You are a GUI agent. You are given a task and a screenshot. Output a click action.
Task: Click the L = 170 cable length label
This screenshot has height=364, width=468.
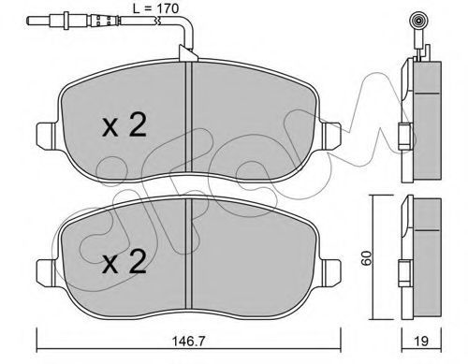[155, 8]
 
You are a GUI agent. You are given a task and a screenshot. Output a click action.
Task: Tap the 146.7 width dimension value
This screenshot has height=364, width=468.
[189, 342]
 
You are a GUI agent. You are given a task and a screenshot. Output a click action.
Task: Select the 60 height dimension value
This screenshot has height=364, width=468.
[367, 257]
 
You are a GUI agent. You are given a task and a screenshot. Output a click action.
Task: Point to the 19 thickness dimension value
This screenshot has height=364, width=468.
[421, 342]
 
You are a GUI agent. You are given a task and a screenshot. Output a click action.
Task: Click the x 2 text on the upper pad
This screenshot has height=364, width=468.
[124, 125]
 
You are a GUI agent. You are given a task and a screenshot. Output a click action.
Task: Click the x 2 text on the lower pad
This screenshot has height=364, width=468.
[124, 261]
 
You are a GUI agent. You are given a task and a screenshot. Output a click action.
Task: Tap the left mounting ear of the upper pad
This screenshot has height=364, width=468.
[47, 136]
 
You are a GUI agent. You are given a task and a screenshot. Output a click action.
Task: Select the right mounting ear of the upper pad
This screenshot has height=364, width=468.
[331, 136]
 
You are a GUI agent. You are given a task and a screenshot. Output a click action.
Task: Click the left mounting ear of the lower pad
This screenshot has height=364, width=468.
[47, 272]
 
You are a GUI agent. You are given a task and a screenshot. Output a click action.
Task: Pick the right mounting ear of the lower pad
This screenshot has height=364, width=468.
[331, 272]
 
